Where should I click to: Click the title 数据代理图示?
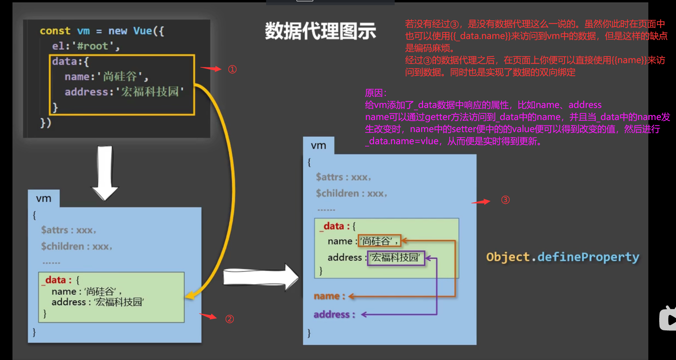tap(320, 31)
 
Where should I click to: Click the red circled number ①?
tap(232, 69)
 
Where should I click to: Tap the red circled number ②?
tap(229, 319)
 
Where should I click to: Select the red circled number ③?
tap(505, 200)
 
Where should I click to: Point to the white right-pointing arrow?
tap(260, 277)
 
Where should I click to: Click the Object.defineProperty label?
tap(563, 257)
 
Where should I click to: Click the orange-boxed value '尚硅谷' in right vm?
tap(379, 241)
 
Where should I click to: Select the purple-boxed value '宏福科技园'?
tap(395, 258)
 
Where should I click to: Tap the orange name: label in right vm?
tap(329, 296)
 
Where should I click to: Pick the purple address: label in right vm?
tap(334, 314)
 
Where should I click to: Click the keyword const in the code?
tap(55, 31)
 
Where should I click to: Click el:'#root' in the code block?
tap(86, 46)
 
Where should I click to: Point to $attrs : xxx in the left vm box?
tap(68, 230)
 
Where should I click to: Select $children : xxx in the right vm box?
tap(351, 193)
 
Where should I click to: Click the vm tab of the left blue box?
tap(44, 199)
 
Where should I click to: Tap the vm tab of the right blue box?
tap(318, 146)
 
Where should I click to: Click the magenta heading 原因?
tap(376, 93)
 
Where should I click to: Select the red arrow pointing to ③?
tap(481, 201)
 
